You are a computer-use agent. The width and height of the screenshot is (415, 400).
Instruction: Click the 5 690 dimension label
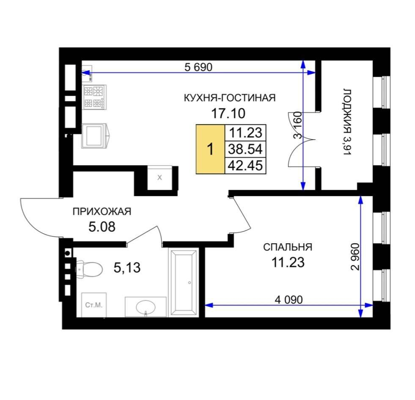(198, 67)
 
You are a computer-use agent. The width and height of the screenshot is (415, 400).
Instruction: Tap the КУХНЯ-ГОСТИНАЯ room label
(230, 98)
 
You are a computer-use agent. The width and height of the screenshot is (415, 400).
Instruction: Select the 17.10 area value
(228, 114)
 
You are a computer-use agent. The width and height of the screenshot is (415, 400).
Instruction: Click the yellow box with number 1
(210, 149)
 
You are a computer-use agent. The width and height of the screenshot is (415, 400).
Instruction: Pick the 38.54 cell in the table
(245, 149)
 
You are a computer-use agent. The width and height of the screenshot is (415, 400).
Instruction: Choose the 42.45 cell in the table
(245, 165)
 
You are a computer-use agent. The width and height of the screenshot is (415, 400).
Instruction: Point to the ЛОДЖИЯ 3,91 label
(347, 122)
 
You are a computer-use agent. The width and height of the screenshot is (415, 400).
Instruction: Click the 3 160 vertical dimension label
(298, 125)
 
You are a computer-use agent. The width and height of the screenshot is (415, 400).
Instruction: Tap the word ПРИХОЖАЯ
(102, 211)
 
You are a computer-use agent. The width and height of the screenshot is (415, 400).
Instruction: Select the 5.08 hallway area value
(102, 227)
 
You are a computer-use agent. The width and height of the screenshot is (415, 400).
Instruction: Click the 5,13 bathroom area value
(127, 267)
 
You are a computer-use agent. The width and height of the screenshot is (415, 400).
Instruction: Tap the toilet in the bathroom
(89, 269)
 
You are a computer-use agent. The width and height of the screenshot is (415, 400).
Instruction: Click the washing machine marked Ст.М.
(94, 305)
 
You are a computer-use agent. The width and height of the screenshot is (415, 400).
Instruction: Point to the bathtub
(184, 283)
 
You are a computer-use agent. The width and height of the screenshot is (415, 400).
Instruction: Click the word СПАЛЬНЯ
(288, 247)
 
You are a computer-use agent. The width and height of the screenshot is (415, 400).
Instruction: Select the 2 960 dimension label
(355, 257)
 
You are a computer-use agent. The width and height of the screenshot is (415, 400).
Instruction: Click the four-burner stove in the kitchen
(94, 97)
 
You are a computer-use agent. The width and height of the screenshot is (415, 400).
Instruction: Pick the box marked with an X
(159, 178)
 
